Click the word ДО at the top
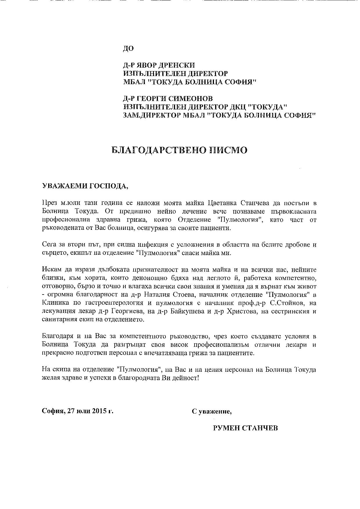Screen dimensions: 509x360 128,48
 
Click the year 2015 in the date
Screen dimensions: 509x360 99,411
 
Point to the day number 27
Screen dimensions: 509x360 71,411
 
